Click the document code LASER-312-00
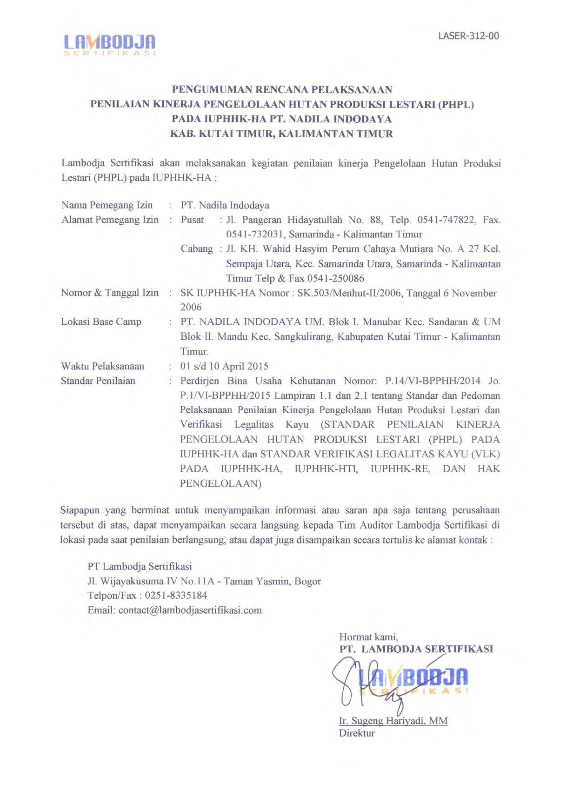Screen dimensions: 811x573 tap(468, 36)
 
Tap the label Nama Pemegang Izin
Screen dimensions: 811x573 tap(107, 205)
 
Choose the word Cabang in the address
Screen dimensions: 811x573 tap(197, 249)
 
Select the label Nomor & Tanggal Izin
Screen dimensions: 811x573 tap(110, 293)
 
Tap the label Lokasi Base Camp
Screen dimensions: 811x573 tap(101, 322)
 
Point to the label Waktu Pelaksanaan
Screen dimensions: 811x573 tap(102, 366)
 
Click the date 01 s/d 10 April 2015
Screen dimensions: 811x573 tap(224, 366)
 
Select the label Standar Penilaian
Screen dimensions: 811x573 tap(98, 381)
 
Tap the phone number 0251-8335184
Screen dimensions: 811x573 tap(176, 596)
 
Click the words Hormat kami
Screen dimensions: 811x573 tap(368, 637)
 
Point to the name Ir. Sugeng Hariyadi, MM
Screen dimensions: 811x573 tap(393, 721)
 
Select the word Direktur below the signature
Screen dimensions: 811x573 tap(357, 733)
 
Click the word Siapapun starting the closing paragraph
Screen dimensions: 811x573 tap(80, 510)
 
